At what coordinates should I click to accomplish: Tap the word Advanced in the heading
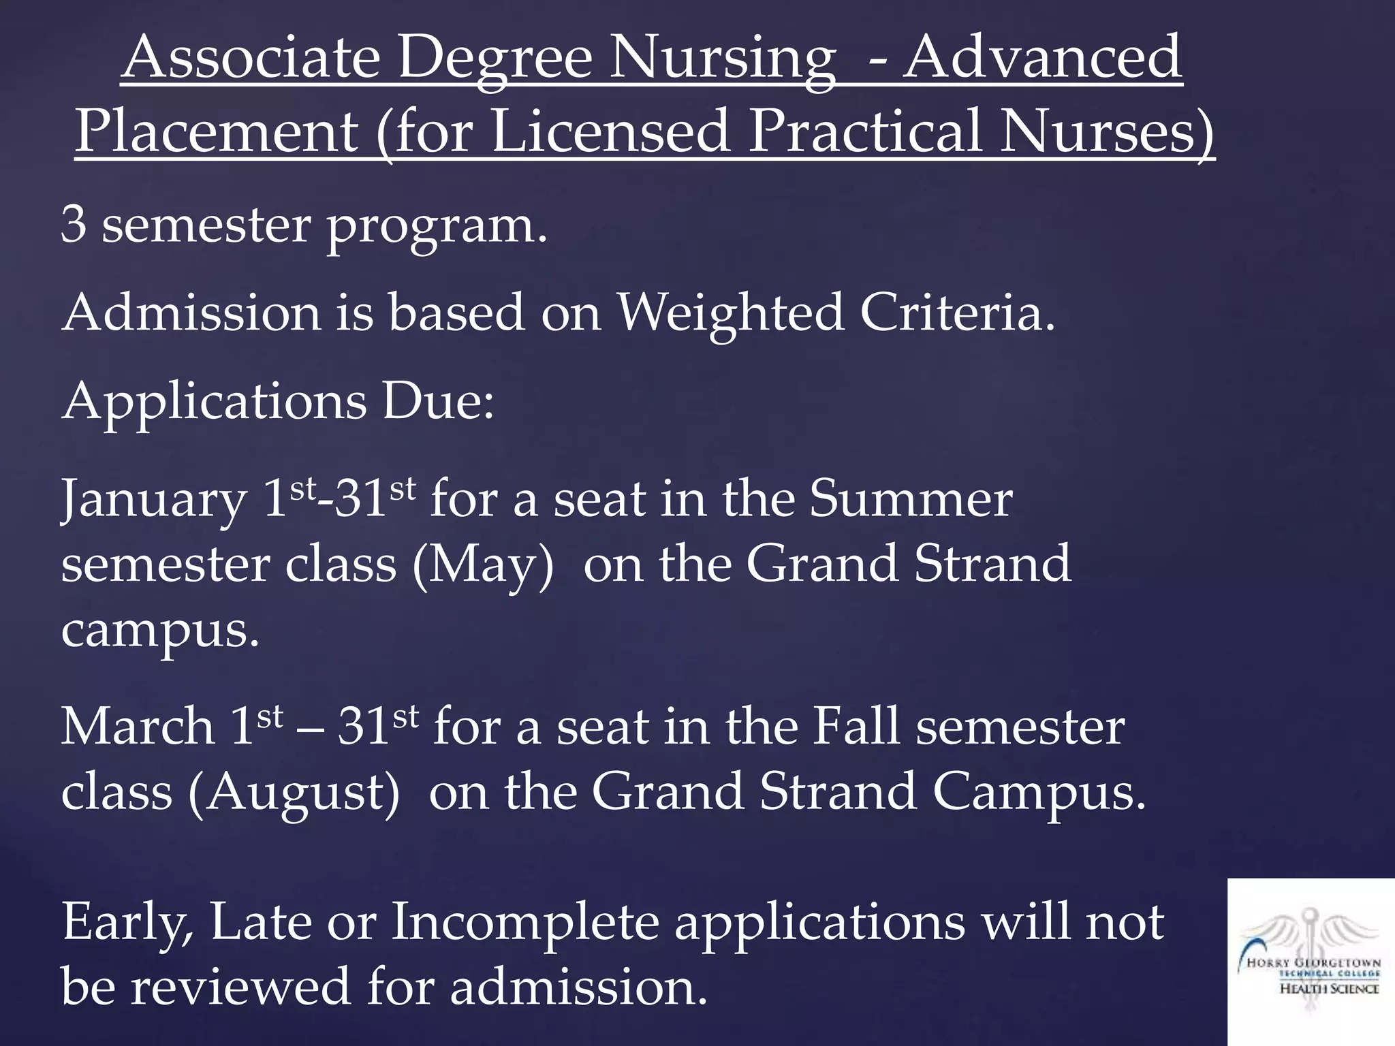pyautogui.click(x=1043, y=57)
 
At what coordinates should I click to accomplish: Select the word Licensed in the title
pyautogui.click(x=610, y=131)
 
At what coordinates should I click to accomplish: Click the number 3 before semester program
pyautogui.click(x=74, y=225)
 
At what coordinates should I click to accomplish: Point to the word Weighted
pyautogui.click(x=730, y=313)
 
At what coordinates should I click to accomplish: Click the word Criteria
pyautogui.click(x=957, y=313)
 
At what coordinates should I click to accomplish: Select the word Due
pyautogui.click(x=438, y=402)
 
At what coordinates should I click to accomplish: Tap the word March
pyautogui.click(x=138, y=727)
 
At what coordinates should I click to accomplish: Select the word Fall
pyautogui.click(x=856, y=727)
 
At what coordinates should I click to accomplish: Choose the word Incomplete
pyautogui.click(x=525, y=923)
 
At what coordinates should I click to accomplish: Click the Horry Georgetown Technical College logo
pyautogui.click(x=1311, y=962)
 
